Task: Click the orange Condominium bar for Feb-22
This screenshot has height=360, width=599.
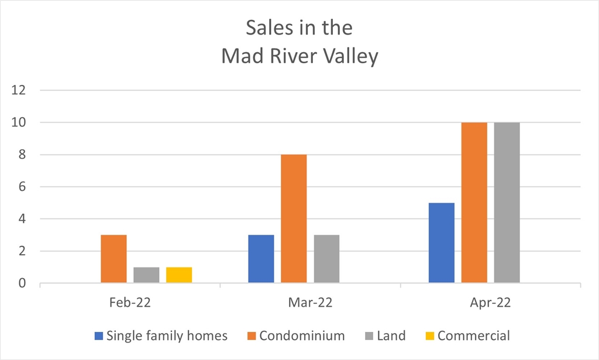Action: [x=113, y=259]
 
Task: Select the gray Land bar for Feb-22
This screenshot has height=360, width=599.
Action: [x=146, y=275]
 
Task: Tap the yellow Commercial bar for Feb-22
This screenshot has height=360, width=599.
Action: [x=179, y=275]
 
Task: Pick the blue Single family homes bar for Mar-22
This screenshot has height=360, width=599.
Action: [x=261, y=259]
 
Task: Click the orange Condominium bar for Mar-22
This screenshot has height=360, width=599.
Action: [x=294, y=219]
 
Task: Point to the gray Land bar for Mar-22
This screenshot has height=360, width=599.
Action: [x=326, y=259]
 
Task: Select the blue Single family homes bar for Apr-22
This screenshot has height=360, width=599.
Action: [x=441, y=243]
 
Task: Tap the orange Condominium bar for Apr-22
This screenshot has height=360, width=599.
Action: [x=474, y=203]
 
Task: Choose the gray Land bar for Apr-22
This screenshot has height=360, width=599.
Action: [x=507, y=203]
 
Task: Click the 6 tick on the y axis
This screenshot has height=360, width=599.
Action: [x=22, y=187]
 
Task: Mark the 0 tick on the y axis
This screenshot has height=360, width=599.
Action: [x=22, y=284]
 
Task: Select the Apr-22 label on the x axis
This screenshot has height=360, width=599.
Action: [x=490, y=304]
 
